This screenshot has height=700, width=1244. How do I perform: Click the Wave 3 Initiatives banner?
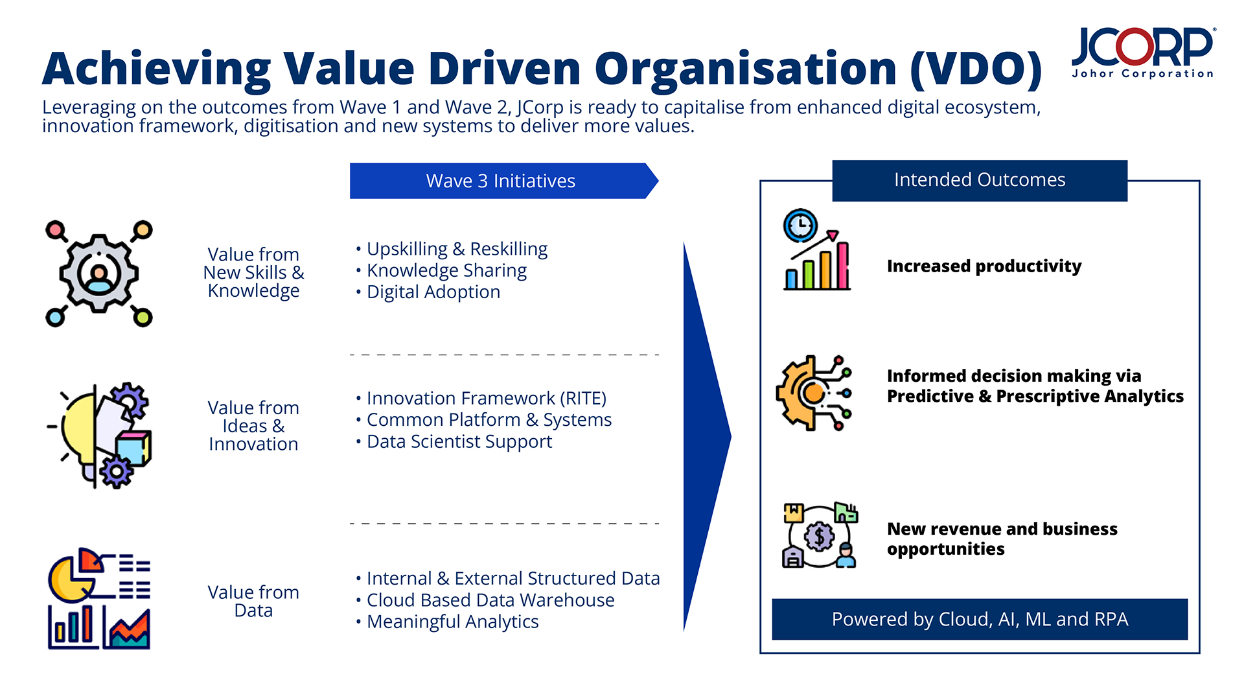(x=500, y=181)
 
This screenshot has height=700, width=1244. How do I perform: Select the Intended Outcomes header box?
(x=979, y=180)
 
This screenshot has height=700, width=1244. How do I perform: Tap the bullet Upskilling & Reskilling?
(x=457, y=249)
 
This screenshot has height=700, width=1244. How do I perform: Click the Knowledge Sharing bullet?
(x=446, y=270)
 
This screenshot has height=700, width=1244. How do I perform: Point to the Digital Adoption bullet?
(x=433, y=292)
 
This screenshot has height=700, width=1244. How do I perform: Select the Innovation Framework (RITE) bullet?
(x=486, y=398)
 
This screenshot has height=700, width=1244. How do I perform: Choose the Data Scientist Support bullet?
(x=459, y=441)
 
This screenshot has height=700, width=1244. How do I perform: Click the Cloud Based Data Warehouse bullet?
(x=490, y=600)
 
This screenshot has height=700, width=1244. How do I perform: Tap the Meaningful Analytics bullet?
(x=452, y=622)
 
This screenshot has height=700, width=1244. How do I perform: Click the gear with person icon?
(x=99, y=274)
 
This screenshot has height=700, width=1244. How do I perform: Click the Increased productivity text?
(x=984, y=266)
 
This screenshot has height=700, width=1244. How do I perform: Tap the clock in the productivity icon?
(x=800, y=226)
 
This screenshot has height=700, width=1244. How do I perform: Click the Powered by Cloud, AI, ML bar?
(x=979, y=620)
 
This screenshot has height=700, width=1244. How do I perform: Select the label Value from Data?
(x=253, y=601)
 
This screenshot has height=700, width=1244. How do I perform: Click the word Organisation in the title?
(x=745, y=69)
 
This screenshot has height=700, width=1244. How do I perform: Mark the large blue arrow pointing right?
(x=706, y=436)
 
